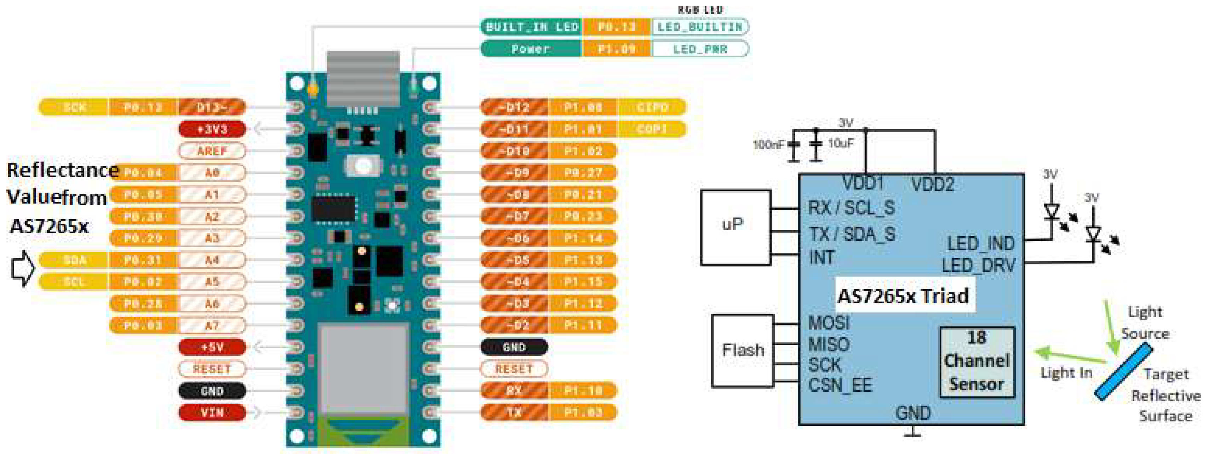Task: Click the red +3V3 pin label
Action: click(212, 129)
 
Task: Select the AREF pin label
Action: click(212, 151)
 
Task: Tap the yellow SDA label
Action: click(74, 260)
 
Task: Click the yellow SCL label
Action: click(74, 281)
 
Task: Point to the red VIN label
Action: click(212, 413)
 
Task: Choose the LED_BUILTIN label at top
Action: click(700, 27)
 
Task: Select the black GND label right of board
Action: click(514, 347)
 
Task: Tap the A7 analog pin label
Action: click(212, 325)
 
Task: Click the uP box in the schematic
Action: click(735, 227)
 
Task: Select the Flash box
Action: click(742, 350)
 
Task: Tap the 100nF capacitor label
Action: click(768, 145)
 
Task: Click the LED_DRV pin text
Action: click(978, 266)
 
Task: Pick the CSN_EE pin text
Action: click(840, 385)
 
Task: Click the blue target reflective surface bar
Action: click(1123, 372)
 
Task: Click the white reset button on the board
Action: click(362, 165)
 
